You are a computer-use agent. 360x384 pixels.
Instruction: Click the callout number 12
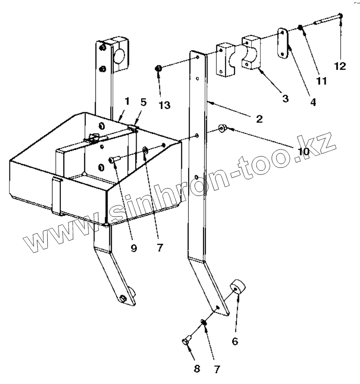click(x=340, y=66)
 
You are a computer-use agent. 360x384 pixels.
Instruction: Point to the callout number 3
click(x=285, y=98)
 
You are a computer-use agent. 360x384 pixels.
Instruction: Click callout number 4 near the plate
click(x=313, y=102)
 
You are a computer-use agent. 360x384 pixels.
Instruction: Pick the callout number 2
click(x=259, y=119)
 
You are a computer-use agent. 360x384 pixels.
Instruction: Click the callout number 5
click(x=144, y=102)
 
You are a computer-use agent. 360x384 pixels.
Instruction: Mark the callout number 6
click(x=235, y=341)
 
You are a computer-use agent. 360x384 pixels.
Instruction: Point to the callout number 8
click(x=197, y=369)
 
